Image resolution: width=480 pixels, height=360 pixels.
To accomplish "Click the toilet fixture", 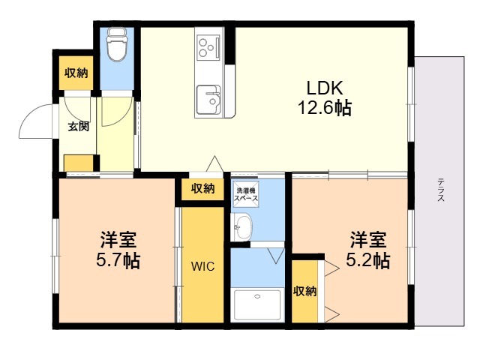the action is [x=117, y=44].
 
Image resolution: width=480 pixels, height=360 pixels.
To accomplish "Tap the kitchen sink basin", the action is [x=208, y=100].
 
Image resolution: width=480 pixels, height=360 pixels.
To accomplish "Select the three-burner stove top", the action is [x=208, y=46].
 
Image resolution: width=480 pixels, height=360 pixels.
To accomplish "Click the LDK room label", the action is [x=325, y=88].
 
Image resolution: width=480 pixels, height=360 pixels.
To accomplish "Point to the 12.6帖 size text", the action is [x=325, y=108].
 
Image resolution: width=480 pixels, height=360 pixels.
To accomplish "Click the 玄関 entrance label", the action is [x=79, y=126].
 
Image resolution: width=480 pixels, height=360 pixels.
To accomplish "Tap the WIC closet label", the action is [x=203, y=266].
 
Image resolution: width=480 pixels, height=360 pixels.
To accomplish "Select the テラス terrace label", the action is [x=441, y=190].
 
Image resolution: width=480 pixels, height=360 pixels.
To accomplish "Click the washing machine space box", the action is [x=246, y=194].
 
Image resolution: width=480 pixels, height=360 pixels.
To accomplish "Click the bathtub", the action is [x=257, y=305].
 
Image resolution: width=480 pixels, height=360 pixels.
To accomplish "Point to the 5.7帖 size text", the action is [x=118, y=261].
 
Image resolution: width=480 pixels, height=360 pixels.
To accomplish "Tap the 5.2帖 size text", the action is [x=368, y=261].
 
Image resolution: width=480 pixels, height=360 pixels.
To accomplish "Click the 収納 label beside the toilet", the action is [x=76, y=73].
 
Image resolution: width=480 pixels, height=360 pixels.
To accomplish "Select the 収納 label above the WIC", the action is [x=203, y=188].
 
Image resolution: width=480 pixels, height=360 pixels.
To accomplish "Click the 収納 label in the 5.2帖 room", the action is [x=305, y=291].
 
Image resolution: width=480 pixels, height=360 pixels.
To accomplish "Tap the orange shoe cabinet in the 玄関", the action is [x=79, y=163].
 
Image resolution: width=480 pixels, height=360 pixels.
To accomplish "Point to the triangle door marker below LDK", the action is [x=215, y=163].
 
